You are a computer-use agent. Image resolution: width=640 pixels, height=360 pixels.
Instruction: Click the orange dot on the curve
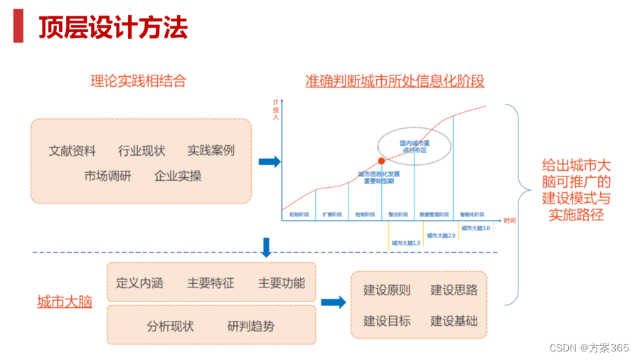(x=381, y=162)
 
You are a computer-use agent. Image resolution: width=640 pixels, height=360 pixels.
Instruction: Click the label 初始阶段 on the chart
(x=299, y=214)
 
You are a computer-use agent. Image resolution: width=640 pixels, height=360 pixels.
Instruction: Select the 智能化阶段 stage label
(x=471, y=214)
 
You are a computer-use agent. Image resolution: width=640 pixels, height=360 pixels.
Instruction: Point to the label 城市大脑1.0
(x=406, y=243)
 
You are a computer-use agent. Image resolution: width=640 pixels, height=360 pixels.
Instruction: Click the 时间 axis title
(x=510, y=221)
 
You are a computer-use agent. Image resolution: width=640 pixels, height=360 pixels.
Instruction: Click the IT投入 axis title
(x=276, y=111)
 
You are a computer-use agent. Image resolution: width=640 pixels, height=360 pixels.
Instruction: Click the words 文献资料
(x=72, y=151)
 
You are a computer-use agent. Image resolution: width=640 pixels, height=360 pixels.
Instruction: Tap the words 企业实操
(x=178, y=176)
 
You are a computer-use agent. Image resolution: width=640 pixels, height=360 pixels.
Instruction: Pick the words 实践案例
(x=210, y=151)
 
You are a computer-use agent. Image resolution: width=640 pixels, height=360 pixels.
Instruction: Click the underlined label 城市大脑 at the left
(x=64, y=302)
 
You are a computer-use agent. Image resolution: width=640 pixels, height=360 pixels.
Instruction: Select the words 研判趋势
(x=250, y=327)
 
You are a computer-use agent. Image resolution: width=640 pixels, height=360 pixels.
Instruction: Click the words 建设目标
(x=387, y=321)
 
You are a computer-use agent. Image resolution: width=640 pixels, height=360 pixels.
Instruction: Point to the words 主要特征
(x=210, y=282)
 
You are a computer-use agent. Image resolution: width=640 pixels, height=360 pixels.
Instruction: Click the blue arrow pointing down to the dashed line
(x=267, y=246)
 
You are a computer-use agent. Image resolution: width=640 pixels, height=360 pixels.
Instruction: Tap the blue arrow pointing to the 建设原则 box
(x=332, y=302)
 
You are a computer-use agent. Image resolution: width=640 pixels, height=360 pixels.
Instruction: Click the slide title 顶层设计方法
(x=112, y=28)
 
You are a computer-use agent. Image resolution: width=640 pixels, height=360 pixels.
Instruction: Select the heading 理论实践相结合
(x=138, y=81)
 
